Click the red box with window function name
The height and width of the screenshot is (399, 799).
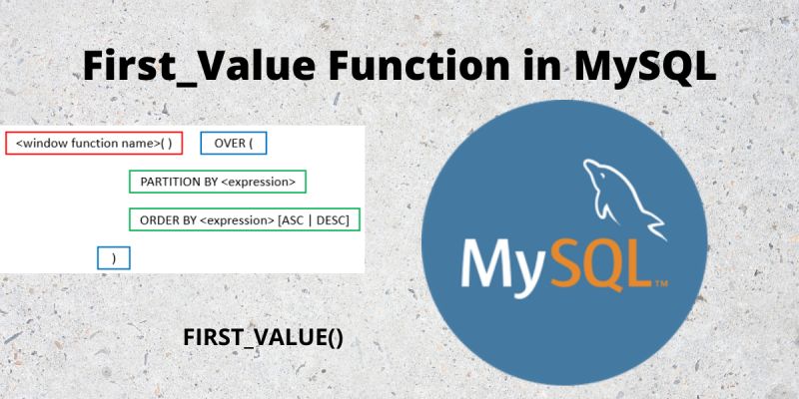point(94,144)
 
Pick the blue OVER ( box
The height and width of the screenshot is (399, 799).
point(234,144)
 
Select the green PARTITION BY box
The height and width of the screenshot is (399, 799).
point(218,182)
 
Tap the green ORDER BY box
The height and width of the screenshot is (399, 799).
point(245,219)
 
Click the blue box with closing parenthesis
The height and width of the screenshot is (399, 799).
point(114,257)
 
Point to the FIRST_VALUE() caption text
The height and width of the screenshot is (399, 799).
point(264,337)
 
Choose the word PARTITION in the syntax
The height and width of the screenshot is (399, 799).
point(171,182)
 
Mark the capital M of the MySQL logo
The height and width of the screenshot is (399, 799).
point(489,261)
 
